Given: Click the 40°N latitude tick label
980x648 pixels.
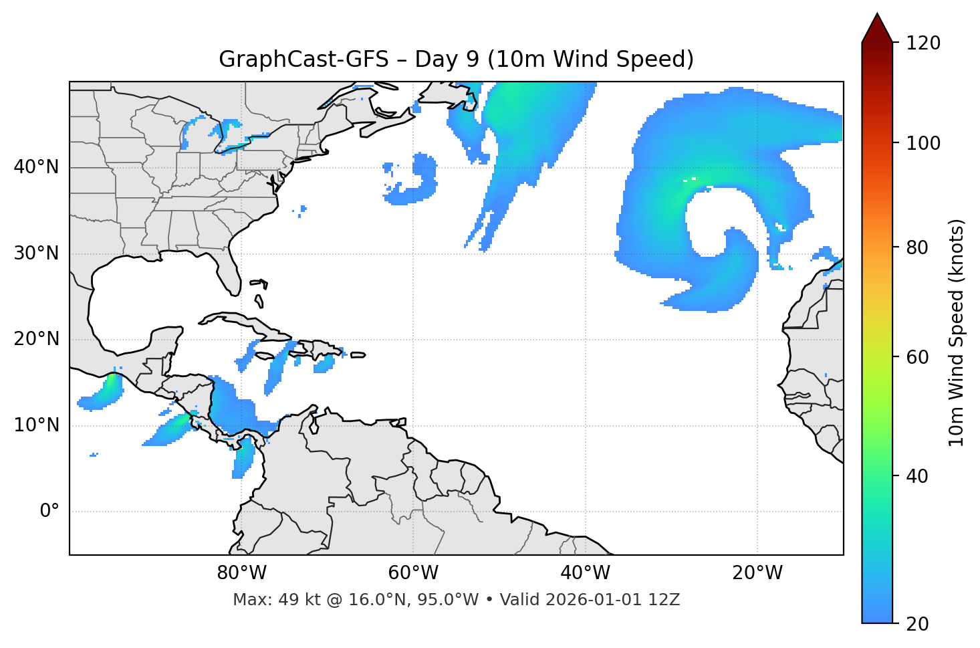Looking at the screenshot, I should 36,167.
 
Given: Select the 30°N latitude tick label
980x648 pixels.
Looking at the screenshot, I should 36,253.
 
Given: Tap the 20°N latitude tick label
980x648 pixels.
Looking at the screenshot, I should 36,339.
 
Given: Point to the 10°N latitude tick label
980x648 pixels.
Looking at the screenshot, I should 36,425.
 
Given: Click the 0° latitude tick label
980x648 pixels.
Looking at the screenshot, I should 49,512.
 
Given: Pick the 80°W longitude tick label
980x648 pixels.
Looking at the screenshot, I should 241,573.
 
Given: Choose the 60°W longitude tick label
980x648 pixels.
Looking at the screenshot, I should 413,573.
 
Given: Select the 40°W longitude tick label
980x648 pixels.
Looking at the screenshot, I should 585,573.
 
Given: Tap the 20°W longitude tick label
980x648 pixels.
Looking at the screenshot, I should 757,573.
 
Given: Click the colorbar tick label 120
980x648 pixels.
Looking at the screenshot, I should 923,43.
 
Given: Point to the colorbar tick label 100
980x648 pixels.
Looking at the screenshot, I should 923,143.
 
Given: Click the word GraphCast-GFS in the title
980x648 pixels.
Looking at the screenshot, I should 303,60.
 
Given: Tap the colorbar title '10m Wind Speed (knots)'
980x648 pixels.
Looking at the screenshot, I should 957,332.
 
